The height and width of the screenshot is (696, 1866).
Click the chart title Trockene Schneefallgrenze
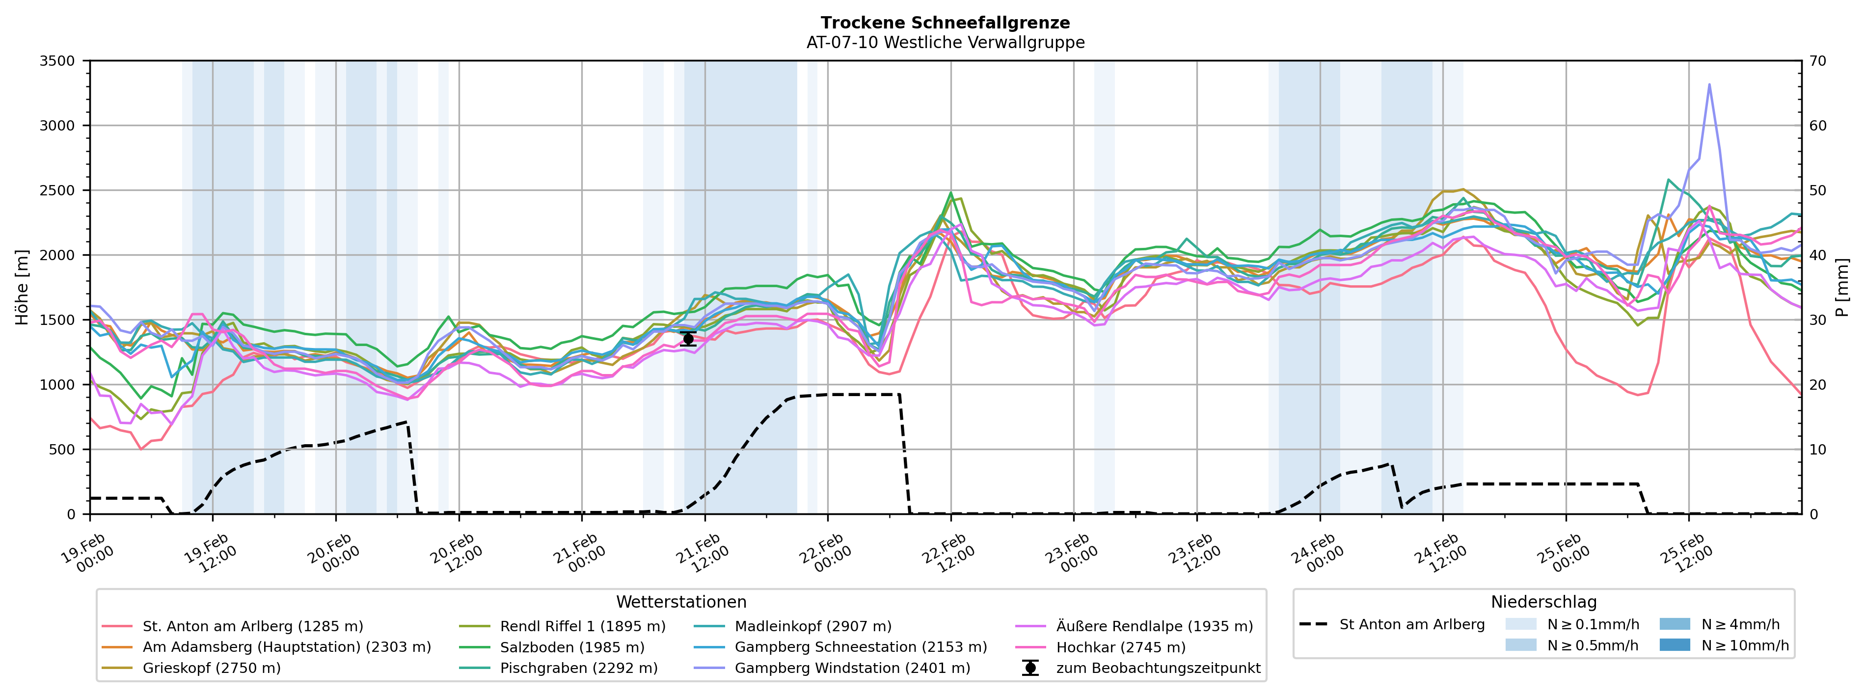[x=946, y=23]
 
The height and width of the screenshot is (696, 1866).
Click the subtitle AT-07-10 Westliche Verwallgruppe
[x=946, y=43]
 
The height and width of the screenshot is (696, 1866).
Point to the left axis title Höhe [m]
[x=22, y=288]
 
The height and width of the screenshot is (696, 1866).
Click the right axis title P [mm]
[x=1842, y=288]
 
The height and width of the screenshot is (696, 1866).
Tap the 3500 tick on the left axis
[x=57, y=61]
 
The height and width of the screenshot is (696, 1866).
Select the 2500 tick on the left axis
[x=57, y=190]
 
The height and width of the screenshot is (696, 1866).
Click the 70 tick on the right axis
[x=1818, y=61]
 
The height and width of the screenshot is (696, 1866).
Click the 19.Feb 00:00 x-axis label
[x=87, y=554]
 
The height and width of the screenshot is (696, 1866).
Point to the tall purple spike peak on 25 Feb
[x=1709, y=85]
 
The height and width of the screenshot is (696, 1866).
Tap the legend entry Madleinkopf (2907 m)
[x=813, y=626]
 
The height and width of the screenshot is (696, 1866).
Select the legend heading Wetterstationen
[x=681, y=602]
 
